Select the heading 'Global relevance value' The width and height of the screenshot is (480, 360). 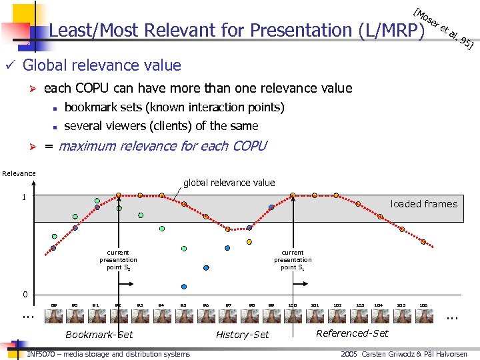101,65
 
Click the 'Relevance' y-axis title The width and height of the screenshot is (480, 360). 19,173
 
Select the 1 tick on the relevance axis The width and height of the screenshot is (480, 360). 24,197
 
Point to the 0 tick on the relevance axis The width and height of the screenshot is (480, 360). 24,295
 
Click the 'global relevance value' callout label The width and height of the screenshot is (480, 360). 229,183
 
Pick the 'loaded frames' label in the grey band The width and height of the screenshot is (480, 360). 424,204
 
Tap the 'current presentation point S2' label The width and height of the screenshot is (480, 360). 118,260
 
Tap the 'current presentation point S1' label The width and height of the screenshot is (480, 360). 293,260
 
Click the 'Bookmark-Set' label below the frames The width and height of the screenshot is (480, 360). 99,335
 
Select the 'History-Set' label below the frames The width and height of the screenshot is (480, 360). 243,335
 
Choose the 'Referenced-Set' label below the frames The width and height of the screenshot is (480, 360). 352,333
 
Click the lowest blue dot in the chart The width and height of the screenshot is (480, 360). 206,267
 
